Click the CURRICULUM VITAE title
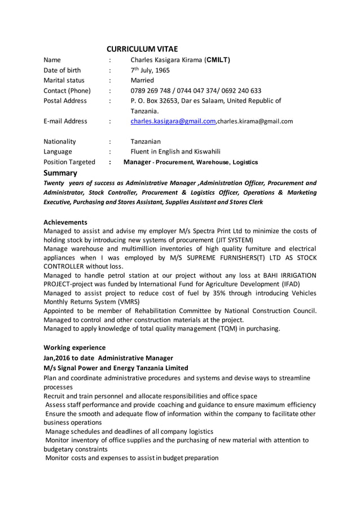click(142, 49)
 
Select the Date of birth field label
click(62, 71)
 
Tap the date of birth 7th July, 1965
click(150, 71)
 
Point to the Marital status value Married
click(142, 80)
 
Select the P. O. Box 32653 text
click(161, 101)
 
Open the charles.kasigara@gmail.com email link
click(173, 121)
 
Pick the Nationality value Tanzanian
click(146, 141)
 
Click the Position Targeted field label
click(69, 162)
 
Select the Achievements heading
click(65, 222)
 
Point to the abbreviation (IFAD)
click(288, 284)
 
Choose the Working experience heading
click(74, 347)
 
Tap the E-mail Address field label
click(65, 121)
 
